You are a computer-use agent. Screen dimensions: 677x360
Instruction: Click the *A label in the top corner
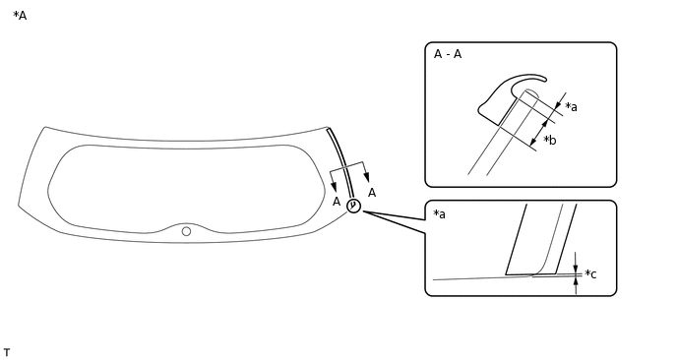20,16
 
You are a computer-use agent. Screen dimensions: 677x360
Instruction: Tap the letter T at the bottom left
7,353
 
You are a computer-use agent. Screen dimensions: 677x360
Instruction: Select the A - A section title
448,54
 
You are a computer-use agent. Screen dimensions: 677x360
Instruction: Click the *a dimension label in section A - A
571,106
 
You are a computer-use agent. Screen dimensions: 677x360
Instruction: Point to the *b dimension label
550,140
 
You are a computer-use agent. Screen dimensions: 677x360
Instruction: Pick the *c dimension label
590,273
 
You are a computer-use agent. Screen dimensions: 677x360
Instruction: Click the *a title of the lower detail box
439,213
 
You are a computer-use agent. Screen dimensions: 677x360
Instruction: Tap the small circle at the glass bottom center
186,231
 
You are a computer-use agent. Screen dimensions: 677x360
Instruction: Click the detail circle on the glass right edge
353,206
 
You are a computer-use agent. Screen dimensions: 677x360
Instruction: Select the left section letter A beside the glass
337,202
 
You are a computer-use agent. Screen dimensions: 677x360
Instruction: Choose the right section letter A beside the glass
372,193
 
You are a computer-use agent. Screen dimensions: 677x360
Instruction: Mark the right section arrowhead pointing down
366,177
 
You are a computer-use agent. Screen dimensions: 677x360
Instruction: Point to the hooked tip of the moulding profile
544,79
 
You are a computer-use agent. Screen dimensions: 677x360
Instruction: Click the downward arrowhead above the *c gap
576,269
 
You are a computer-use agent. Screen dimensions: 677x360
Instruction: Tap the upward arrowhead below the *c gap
576,281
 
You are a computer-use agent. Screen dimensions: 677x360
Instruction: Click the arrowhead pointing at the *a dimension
558,104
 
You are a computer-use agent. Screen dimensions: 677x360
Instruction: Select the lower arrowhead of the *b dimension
533,141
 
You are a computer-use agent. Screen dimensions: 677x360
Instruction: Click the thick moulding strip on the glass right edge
341,163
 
